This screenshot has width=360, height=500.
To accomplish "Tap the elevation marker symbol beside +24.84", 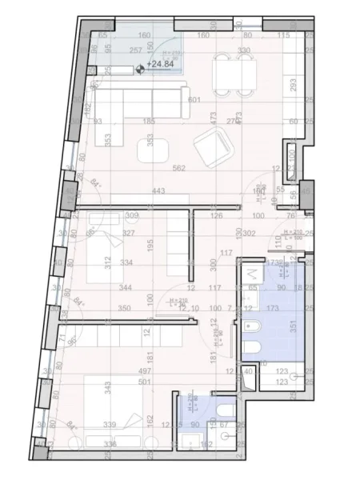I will point(142,70).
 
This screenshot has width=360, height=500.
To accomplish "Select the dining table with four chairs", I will point(231,71).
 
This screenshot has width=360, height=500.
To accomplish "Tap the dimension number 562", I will point(179,168).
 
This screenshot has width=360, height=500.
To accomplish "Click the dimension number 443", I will point(158,190).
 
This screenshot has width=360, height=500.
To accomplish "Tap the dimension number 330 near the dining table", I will point(244,50).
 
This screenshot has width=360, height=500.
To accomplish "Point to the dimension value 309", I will point(133,215).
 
